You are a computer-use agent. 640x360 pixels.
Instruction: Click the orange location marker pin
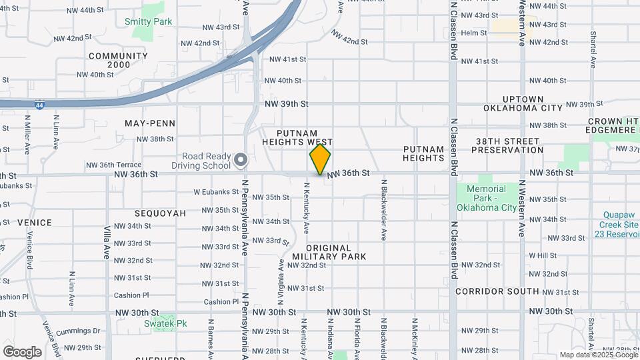pos(320,159)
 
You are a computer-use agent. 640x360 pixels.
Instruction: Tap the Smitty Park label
pos(148,21)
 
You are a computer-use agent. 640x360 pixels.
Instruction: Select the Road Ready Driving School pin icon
pos(241,161)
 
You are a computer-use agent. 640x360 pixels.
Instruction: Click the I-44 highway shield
pos(41,105)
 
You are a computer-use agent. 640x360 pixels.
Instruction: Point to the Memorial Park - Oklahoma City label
pos(486,198)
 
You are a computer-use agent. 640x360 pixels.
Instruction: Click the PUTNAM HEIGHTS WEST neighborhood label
pos(297,138)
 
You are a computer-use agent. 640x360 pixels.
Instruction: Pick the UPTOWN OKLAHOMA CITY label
pos(523,103)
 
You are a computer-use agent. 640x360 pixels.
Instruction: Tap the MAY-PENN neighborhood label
pos(150,123)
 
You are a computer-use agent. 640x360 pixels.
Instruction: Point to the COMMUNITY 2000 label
pos(118,61)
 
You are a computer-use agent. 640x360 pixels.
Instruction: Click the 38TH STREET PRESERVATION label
pos(507,145)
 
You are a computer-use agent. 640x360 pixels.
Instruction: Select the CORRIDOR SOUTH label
pos(497,291)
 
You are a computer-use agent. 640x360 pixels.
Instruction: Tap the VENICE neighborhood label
pos(35,222)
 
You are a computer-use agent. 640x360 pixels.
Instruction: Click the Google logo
pos(22,351)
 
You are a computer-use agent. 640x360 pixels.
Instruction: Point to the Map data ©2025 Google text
pos(599,355)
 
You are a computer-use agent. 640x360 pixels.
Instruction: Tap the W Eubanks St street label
pos(216,191)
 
